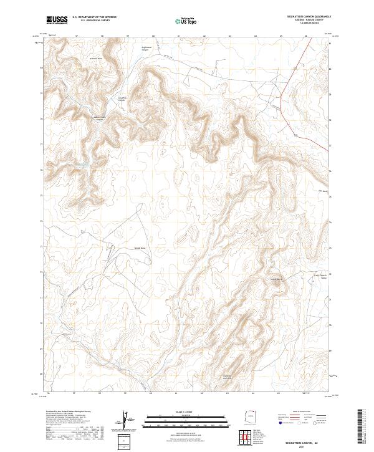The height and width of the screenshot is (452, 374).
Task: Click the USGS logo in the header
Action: (57, 20)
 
